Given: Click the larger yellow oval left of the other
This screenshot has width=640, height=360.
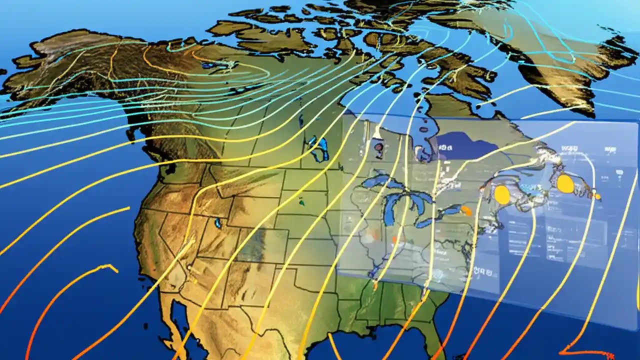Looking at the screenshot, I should click(501, 194).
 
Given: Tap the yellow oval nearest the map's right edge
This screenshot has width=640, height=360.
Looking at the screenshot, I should click(565, 183).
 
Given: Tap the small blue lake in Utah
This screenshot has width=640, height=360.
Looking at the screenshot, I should click(218, 222).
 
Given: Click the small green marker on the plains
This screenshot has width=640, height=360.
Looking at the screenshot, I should click(302, 202).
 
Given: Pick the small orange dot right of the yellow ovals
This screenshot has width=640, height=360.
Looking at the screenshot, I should click(597, 196).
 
